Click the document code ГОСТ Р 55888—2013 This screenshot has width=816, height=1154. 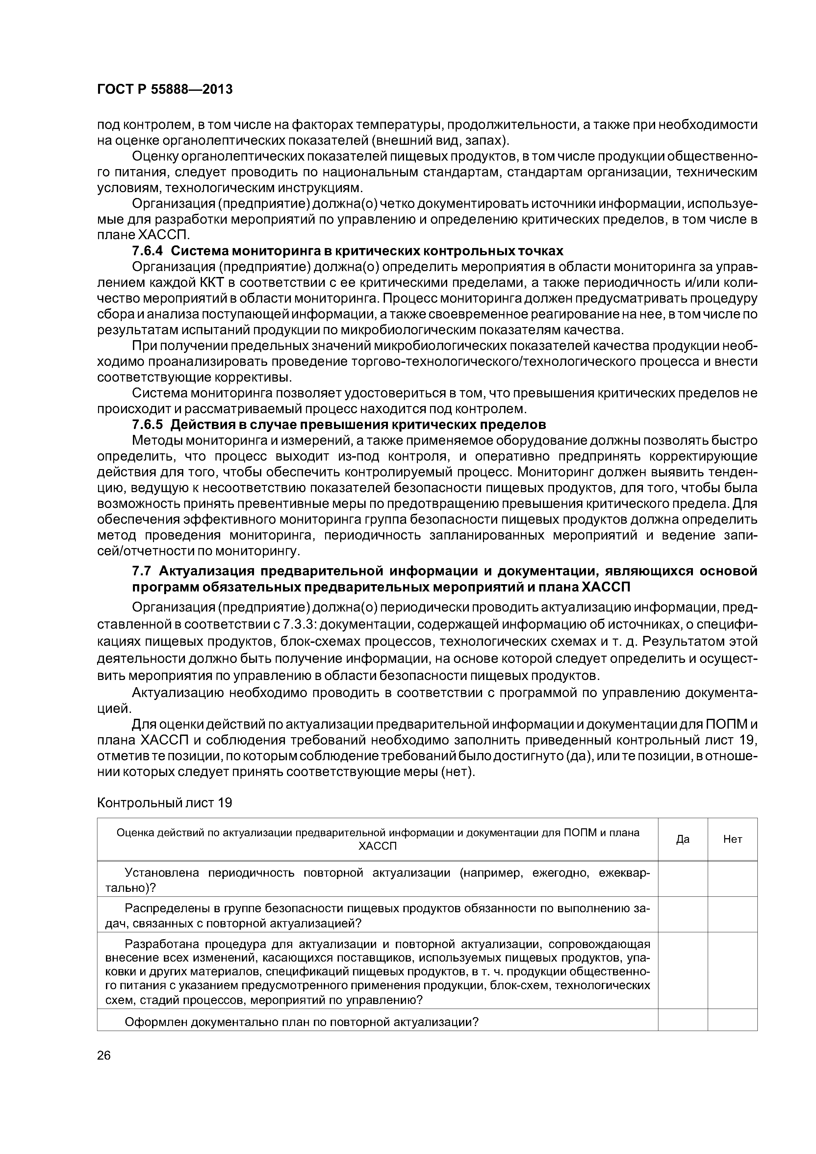tap(165, 89)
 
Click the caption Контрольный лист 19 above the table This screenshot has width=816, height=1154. tap(165, 803)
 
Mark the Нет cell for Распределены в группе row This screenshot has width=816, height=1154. tap(732, 916)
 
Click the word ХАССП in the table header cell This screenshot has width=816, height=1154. tap(377, 846)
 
